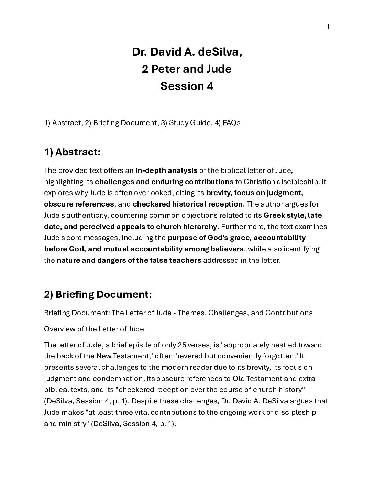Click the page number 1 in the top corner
pyautogui.click(x=328, y=27)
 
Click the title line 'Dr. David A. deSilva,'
pyautogui.click(x=187, y=52)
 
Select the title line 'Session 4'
pyautogui.click(x=187, y=86)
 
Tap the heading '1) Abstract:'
pyautogui.click(x=72, y=152)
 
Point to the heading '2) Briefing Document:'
pyautogui.click(x=98, y=294)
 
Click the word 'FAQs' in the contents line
pyautogui.click(x=231, y=122)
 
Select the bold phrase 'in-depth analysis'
pyautogui.click(x=166, y=170)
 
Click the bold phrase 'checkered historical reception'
pyautogui.click(x=188, y=204)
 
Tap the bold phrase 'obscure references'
pyautogui.click(x=79, y=204)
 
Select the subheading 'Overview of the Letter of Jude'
pyautogui.click(x=94, y=329)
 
